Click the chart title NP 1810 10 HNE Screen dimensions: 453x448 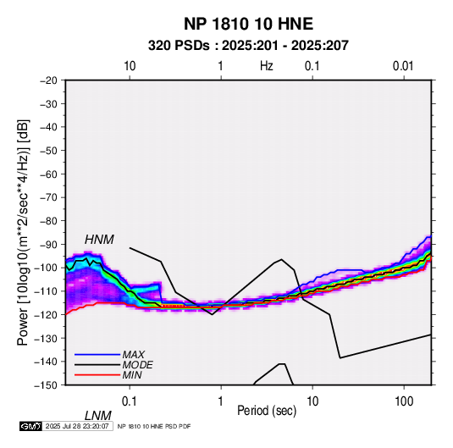(248, 24)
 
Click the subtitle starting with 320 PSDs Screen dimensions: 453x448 (248, 46)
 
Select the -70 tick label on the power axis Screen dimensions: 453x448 (49, 197)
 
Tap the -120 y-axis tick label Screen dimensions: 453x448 (47, 314)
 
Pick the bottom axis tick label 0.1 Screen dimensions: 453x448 (130, 401)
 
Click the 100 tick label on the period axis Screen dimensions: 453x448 (404, 401)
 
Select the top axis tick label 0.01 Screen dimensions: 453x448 (403, 66)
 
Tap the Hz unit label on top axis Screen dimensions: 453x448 (267, 66)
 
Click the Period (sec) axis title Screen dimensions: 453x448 (267, 411)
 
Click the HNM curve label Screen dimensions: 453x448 (99, 240)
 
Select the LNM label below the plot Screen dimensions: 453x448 (97, 416)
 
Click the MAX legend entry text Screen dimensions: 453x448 (133, 355)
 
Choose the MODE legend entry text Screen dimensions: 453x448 (137, 365)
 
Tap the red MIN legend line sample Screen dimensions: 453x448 (97, 375)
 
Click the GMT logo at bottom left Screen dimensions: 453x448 (31, 426)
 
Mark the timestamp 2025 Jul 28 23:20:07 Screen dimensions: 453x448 (77, 426)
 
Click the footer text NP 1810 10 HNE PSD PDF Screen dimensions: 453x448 (154, 426)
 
